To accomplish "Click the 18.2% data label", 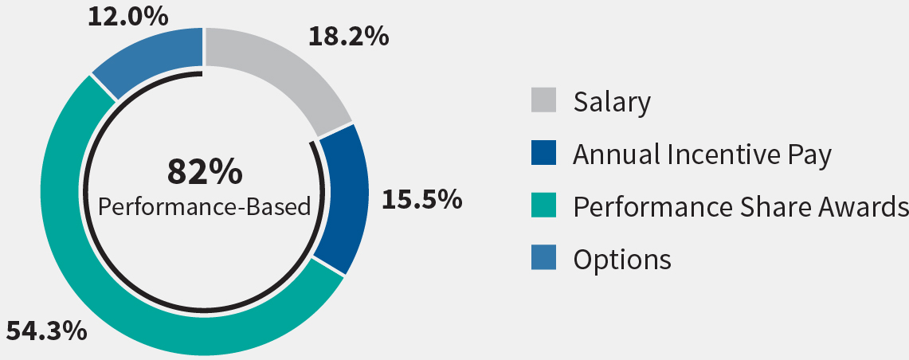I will [x=349, y=36].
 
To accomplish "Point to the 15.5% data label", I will [x=421, y=198].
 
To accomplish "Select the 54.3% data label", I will [x=46, y=330].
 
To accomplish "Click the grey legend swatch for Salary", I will [x=544, y=101].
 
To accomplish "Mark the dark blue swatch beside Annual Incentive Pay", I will [x=544, y=154].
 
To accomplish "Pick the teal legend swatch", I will [x=544, y=206].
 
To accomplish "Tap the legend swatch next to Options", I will [x=544, y=259].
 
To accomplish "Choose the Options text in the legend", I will [x=622, y=260].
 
